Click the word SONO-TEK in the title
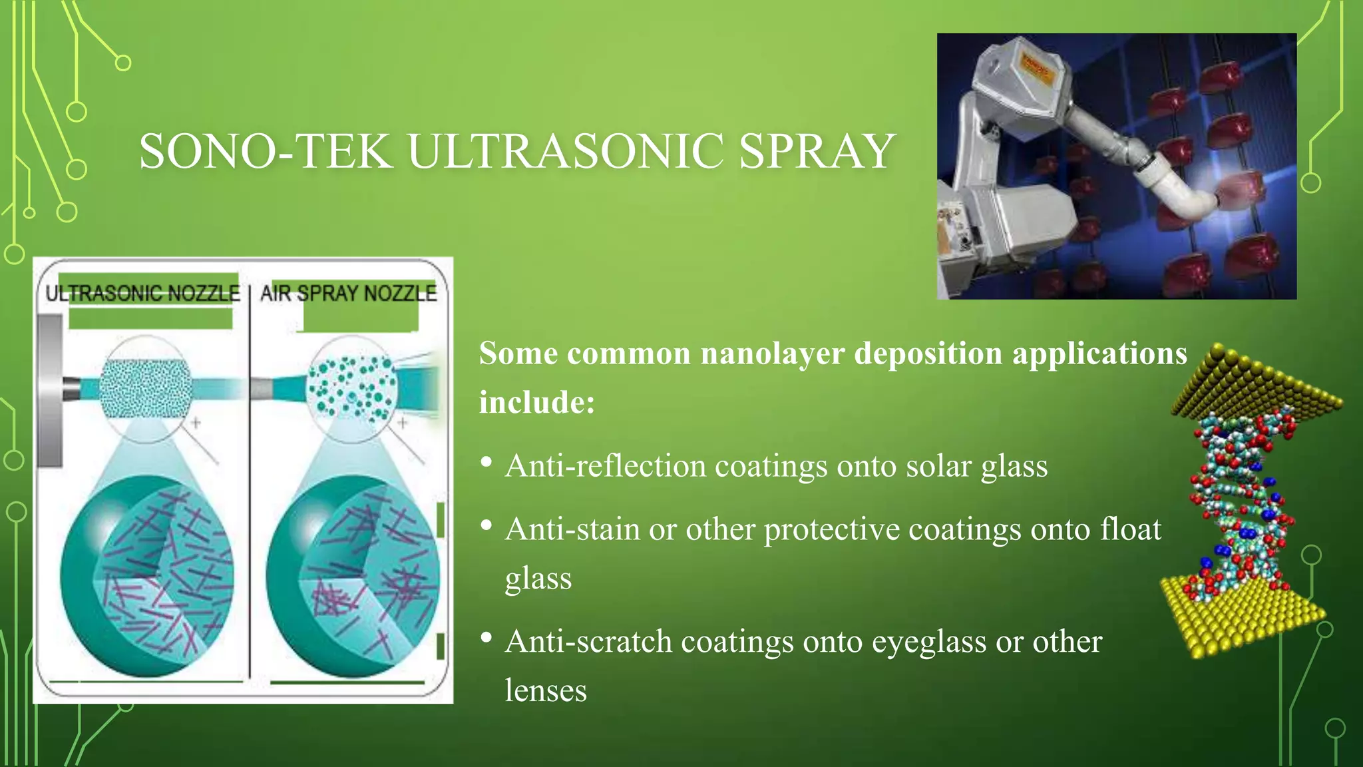click(265, 152)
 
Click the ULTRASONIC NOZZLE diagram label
click(142, 293)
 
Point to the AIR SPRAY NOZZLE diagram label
click(349, 293)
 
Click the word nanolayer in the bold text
click(772, 354)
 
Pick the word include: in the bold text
click(537, 402)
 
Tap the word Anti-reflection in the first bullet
click(605, 465)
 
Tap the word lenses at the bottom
click(546, 690)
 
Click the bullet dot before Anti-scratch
click(487, 638)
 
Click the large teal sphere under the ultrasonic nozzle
click(146, 576)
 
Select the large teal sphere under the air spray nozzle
click(353, 576)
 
